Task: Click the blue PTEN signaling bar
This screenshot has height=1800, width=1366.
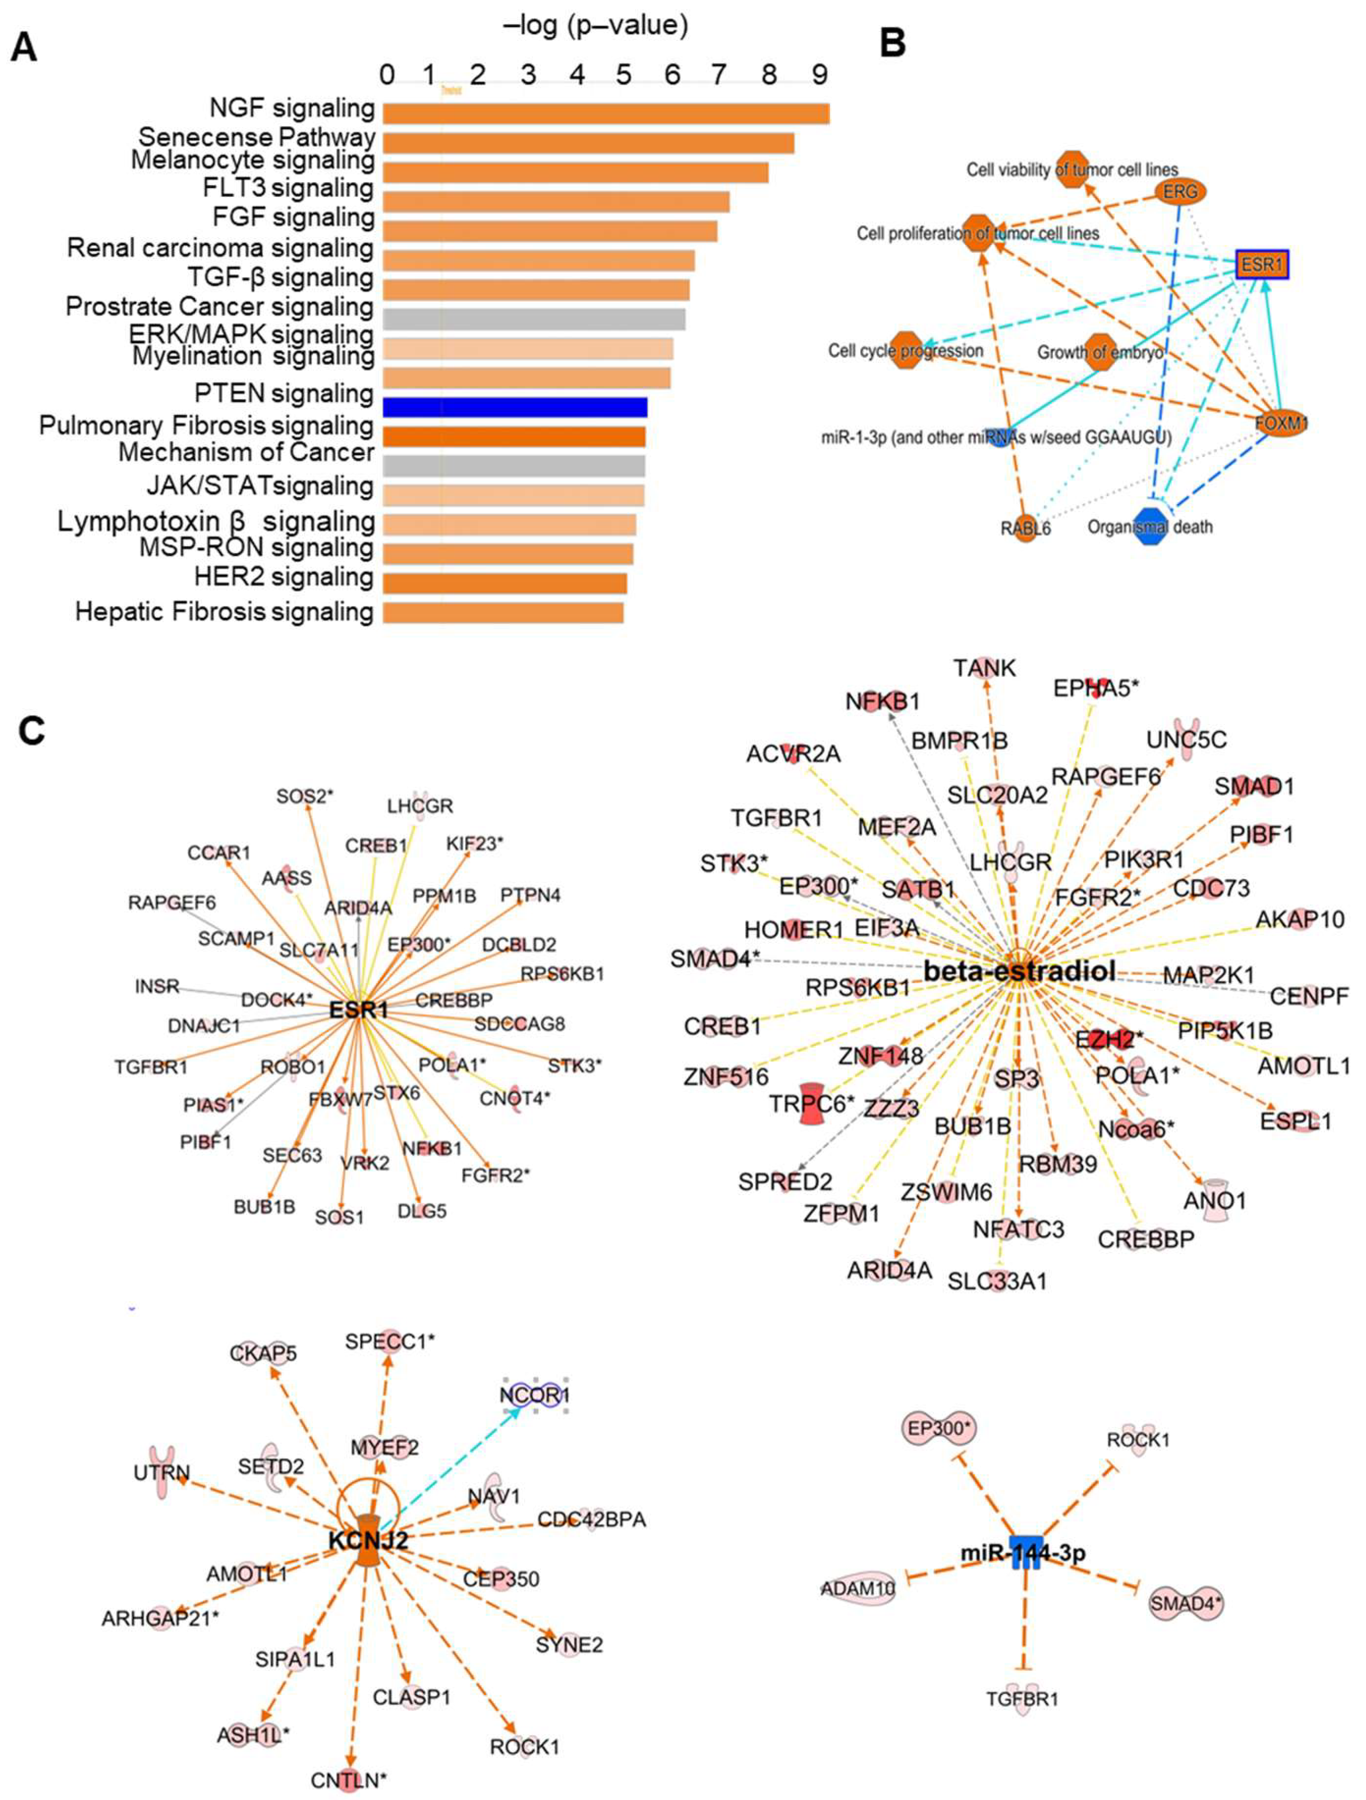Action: (x=515, y=407)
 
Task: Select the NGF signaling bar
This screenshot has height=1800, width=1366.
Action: (x=606, y=114)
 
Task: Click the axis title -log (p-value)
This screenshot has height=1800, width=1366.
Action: (x=596, y=26)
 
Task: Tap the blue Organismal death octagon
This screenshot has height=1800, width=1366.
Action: (x=1150, y=527)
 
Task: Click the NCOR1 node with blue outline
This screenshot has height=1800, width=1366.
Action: (x=535, y=1395)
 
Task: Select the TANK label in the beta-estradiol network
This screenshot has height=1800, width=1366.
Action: (x=985, y=668)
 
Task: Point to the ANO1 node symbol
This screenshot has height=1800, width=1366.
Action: (x=1215, y=1199)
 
